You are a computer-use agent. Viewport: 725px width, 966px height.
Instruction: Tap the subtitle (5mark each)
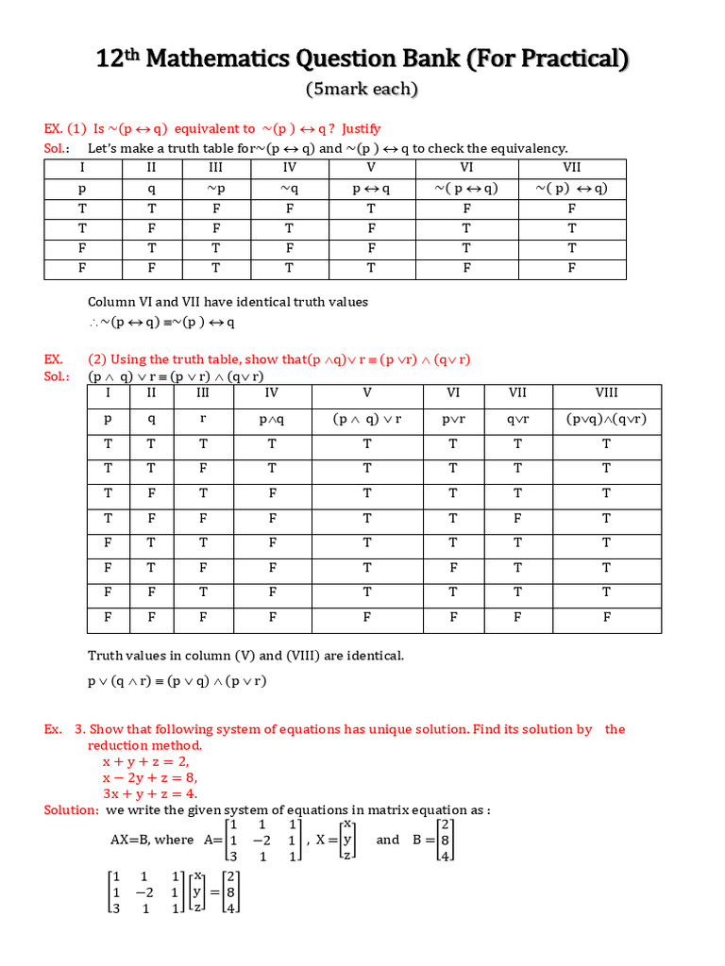tap(362, 90)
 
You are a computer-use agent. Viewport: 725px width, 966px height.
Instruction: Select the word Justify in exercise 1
tap(361, 128)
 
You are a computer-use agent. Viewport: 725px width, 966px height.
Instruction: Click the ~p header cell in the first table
tap(216, 189)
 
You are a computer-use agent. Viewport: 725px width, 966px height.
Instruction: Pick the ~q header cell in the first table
tap(290, 189)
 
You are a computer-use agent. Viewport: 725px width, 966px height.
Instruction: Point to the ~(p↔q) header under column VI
tap(466, 189)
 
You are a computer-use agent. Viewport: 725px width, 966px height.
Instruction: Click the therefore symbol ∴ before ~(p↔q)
tap(94, 323)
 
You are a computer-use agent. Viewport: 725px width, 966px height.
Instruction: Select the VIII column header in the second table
tap(606, 392)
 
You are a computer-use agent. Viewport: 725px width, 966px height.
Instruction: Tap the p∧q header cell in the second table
tap(272, 419)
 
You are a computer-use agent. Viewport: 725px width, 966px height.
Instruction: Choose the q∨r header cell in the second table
tap(517, 419)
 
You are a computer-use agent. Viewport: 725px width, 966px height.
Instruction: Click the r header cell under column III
tap(203, 419)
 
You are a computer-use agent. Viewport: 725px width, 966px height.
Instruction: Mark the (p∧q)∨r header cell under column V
tap(367, 419)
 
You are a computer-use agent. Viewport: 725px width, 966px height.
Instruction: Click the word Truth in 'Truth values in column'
tap(106, 656)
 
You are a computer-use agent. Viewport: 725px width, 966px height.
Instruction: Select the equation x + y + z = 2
tap(145, 761)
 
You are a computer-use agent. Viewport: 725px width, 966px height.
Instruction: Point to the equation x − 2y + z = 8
tap(150, 777)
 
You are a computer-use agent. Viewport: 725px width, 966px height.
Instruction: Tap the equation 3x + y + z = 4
tap(150, 793)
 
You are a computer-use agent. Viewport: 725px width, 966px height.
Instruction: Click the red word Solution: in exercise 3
tap(72, 809)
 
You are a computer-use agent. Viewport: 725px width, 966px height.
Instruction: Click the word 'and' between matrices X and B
tap(388, 840)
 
